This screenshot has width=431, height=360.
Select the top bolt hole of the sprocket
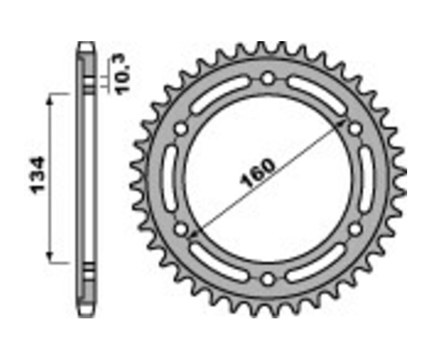[268, 78]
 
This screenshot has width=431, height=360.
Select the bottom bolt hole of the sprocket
[268, 279]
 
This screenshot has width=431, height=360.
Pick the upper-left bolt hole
[181, 128]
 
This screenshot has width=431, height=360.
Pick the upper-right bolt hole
[355, 128]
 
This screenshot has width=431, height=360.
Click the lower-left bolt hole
[181, 229]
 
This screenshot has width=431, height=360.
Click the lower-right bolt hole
[355, 229]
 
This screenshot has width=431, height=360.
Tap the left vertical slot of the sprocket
[170, 179]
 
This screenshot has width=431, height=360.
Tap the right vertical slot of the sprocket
[365, 179]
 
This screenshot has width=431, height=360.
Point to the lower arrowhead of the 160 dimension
[193, 234]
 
